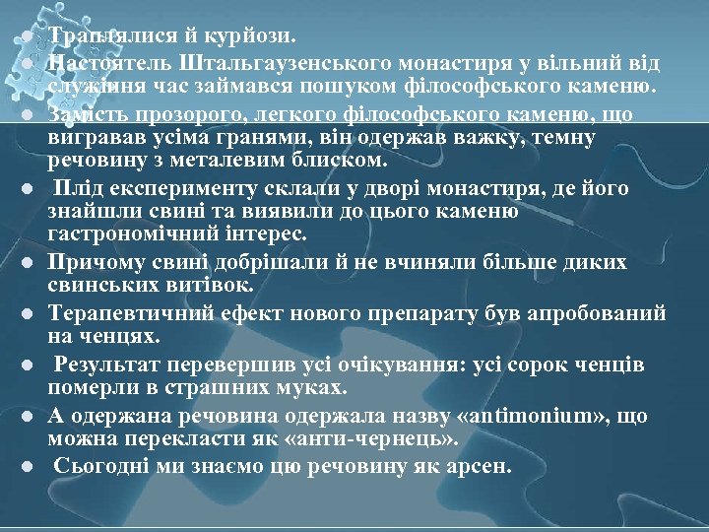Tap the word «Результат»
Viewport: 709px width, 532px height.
coord(110,366)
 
